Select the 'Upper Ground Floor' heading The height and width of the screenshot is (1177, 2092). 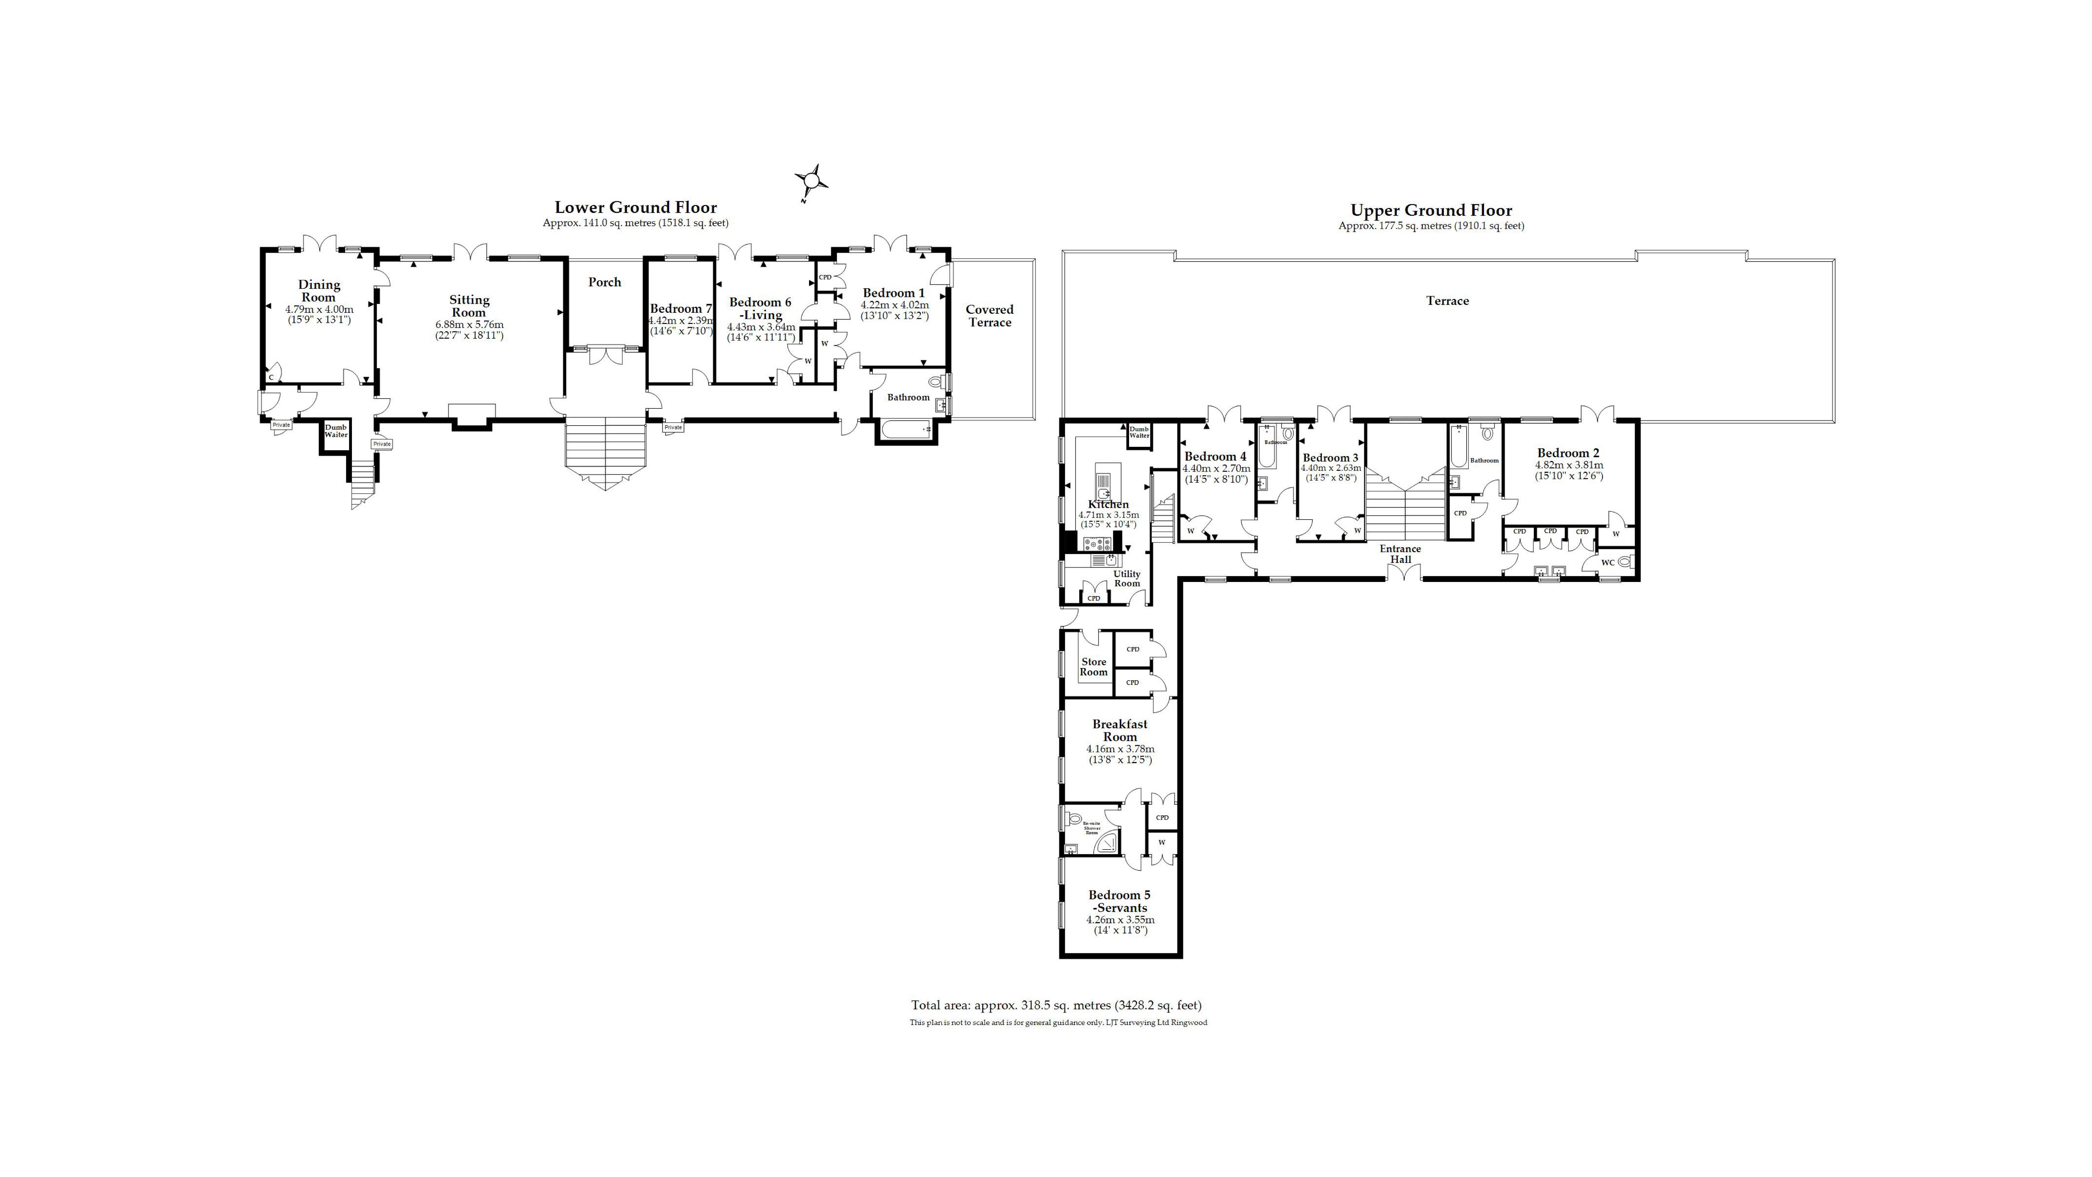1431,210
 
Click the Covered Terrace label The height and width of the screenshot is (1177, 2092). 989,315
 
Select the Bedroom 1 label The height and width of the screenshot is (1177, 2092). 893,292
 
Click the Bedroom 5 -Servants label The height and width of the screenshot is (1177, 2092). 1120,901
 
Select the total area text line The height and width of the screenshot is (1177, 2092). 1056,1005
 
